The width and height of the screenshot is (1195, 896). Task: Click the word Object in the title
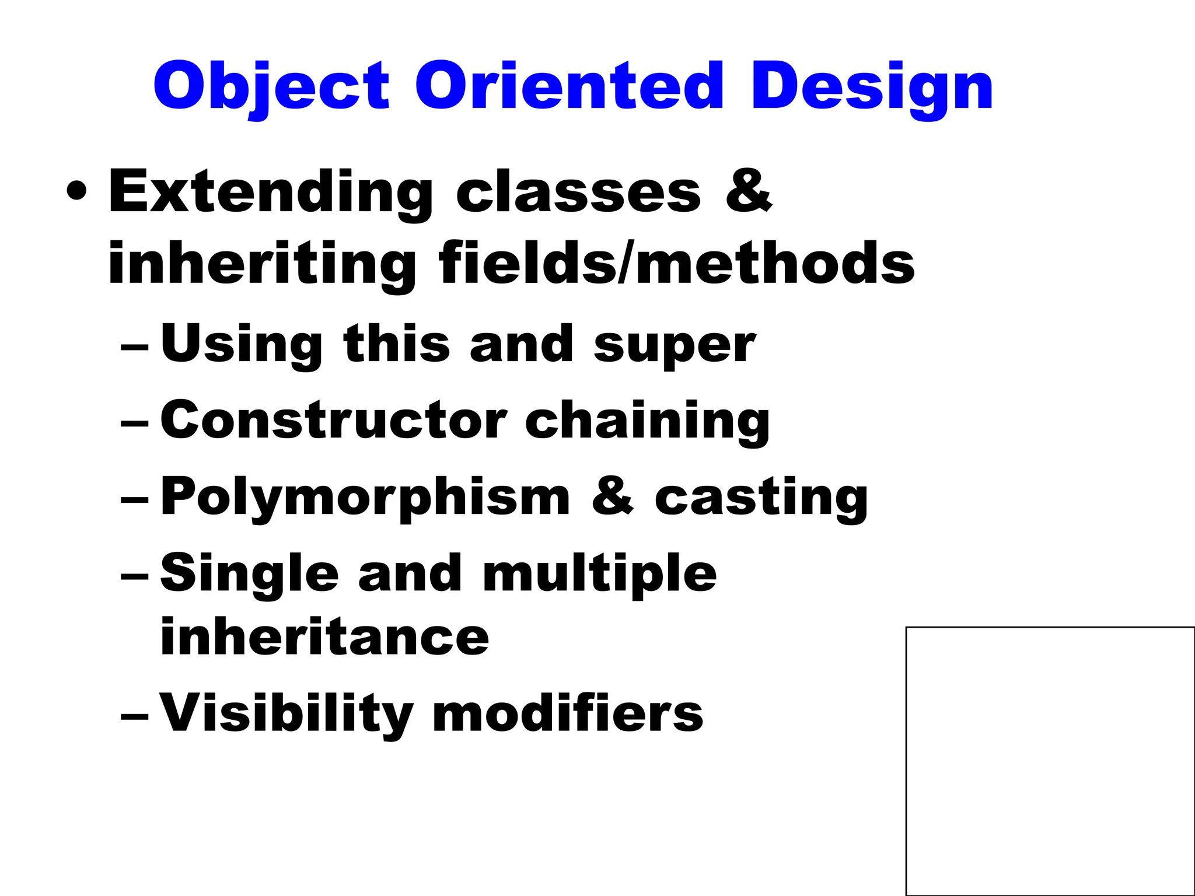[x=271, y=87]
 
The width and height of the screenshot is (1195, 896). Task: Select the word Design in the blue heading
[x=872, y=87]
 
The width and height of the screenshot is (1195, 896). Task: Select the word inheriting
[x=262, y=265]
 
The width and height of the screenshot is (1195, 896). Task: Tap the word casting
[x=761, y=498]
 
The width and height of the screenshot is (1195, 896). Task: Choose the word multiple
[x=600, y=575]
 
